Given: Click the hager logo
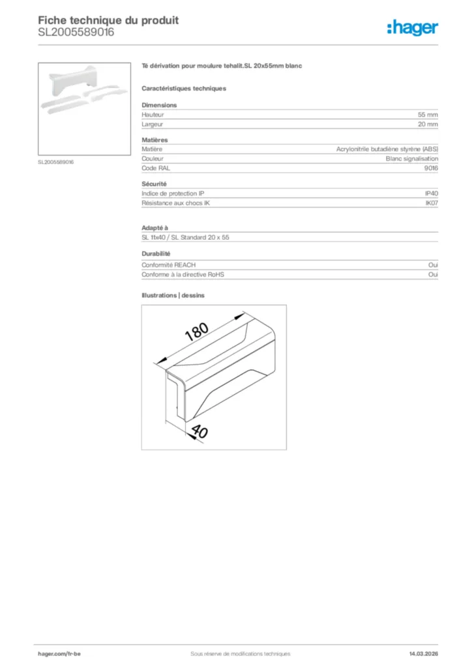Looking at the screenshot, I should pyautogui.click(x=413, y=27).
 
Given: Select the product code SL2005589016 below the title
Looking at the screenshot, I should pyautogui.click(x=76, y=32).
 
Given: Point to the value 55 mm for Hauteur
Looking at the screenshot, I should pyautogui.click(x=428, y=115).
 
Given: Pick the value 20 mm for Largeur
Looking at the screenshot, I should pyautogui.click(x=428, y=124).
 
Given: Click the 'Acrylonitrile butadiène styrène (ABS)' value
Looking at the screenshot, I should pyautogui.click(x=387, y=149).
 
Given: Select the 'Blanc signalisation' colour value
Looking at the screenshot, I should pyautogui.click(x=412, y=158).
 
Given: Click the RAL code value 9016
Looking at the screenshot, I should pyautogui.click(x=431, y=168).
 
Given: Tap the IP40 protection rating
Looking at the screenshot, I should pyautogui.click(x=432, y=193).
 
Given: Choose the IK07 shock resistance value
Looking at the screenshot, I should pyautogui.click(x=432, y=203).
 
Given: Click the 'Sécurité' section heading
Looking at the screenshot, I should pyautogui.click(x=154, y=184).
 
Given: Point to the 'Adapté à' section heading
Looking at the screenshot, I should pyautogui.click(x=155, y=228).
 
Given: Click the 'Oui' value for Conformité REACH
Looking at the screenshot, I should pyautogui.click(x=433, y=265).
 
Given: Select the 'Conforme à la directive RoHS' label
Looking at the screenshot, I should pyautogui.click(x=183, y=275).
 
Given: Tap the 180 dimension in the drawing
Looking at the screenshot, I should pyautogui.click(x=196, y=333).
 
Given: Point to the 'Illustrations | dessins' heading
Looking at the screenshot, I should pyautogui.click(x=173, y=295).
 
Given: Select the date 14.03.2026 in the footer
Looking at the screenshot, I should pyautogui.click(x=419, y=653).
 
